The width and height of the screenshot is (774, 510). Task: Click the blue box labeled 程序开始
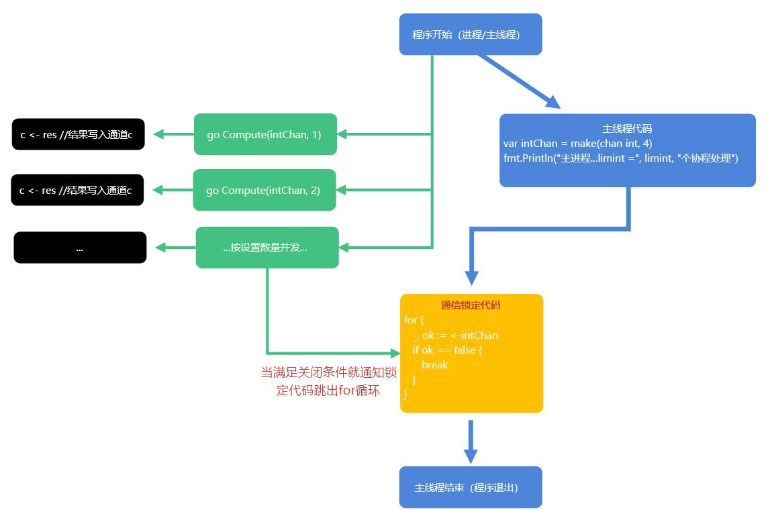click(x=470, y=34)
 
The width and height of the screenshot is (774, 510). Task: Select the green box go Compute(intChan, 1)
click(x=264, y=135)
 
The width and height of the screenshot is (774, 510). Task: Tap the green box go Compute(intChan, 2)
click(x=264, y=191)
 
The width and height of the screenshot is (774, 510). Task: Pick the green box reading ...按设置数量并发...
click(x=267, y=248)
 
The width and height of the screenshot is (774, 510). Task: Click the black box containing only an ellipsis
click(x=80, y=248)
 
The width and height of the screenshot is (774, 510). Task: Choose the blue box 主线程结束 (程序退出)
click(x=470, y=487)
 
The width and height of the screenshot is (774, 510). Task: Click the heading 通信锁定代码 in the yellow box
click(x=471, y=305)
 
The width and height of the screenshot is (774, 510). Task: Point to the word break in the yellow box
click(x=434, y=365)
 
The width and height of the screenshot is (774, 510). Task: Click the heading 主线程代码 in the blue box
click(x=627, y=129)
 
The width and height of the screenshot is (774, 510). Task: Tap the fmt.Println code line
click(x=620, y=158)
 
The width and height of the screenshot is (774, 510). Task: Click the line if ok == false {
click(x=447, y=350)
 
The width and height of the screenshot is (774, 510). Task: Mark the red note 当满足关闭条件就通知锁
click(x=328, y=372)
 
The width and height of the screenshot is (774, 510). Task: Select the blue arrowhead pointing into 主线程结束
click(x=471, y=456)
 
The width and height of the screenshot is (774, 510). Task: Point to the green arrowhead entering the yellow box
click(x=395, y=352)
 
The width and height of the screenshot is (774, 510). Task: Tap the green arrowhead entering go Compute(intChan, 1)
click(x=342, y=135)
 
